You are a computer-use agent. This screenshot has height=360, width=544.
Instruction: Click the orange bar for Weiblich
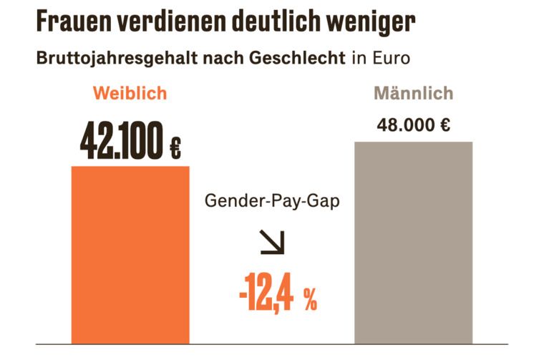[130, 254]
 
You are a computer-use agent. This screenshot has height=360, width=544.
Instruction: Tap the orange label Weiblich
[130, 94]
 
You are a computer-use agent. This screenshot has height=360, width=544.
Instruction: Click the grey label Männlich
[413, 94]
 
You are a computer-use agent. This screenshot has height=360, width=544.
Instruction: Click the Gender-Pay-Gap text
[272, 201]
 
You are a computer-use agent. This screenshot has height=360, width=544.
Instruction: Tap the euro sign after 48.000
[445, 125]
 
